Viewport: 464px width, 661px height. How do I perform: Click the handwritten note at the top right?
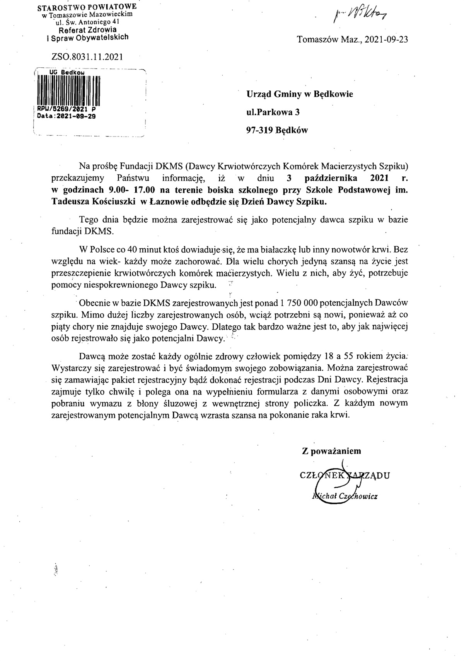360,16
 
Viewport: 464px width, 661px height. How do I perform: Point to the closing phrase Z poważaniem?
332,451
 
